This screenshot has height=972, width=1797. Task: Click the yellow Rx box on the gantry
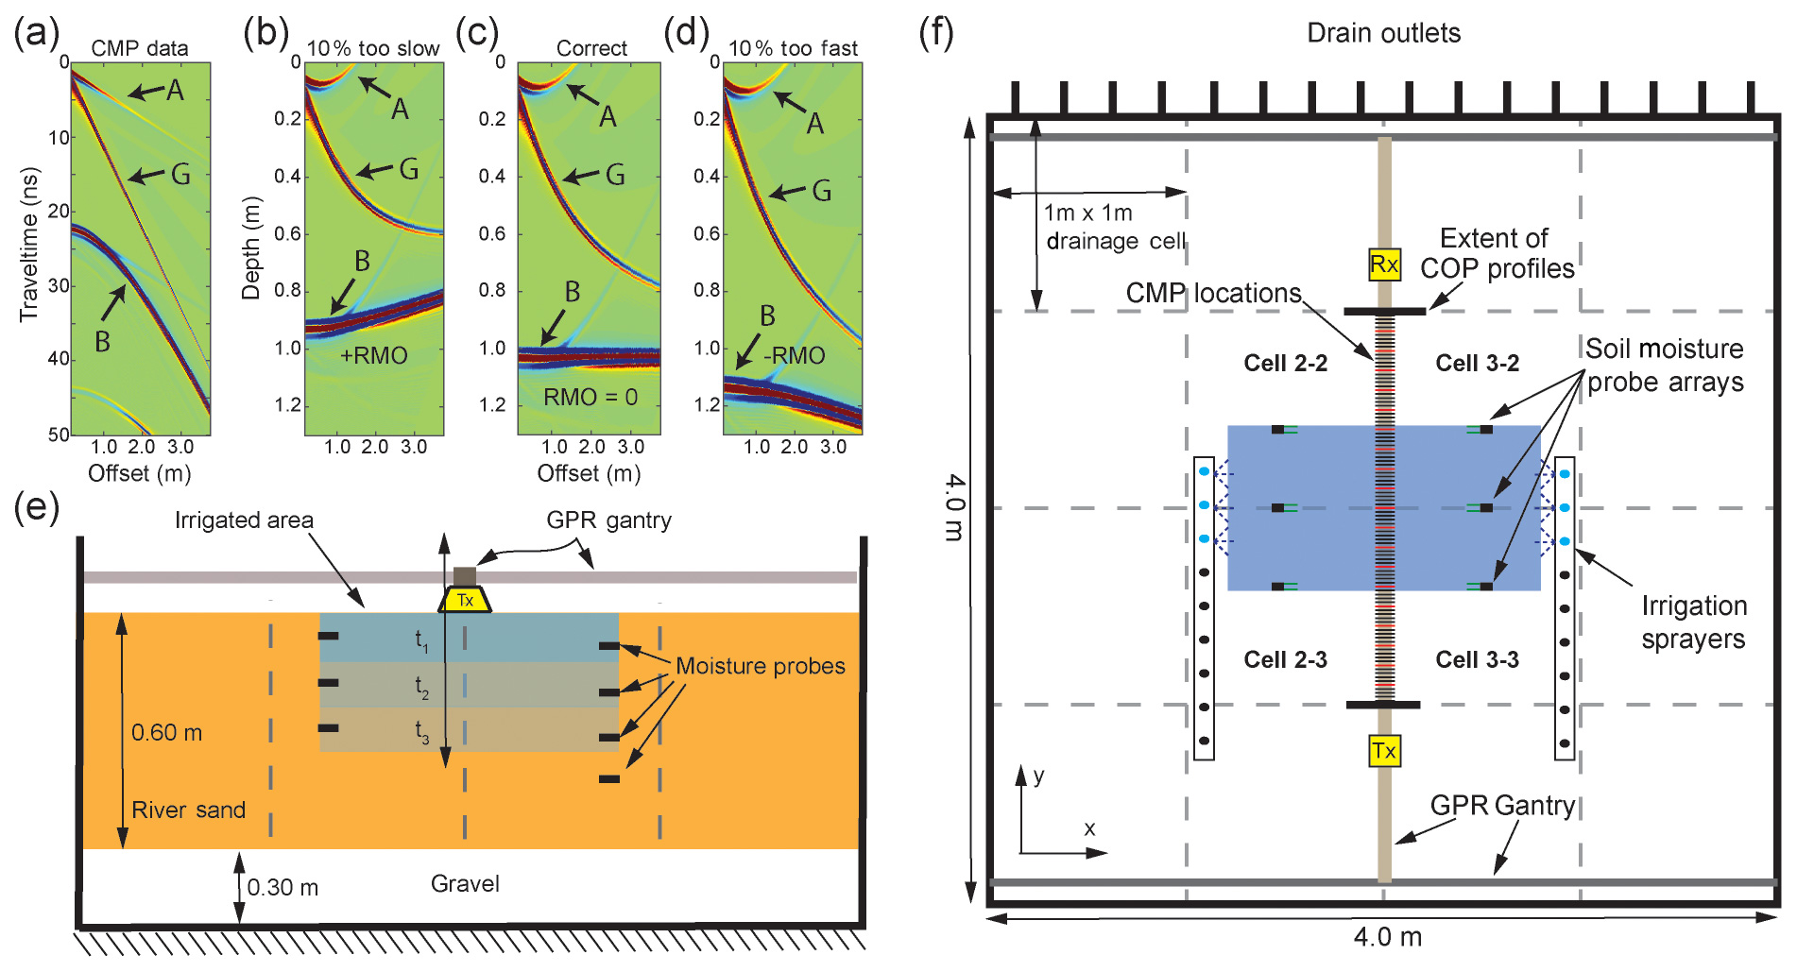(x=1383, y=264)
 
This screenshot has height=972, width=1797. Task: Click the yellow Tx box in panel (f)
(x=1383, y=751)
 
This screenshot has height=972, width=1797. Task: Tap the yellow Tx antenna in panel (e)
(x=465, y=600)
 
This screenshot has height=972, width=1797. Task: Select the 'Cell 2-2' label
(x=1285, y=364)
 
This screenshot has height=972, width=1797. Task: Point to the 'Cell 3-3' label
(x=1477, y=659)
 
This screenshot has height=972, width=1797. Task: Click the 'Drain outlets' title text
(x=1383, y=33)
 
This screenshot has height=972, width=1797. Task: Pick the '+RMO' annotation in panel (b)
(x=373, y=356)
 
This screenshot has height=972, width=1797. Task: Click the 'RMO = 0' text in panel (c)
(x=590, y=398)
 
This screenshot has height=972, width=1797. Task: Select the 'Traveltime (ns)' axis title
(x=29, y=245)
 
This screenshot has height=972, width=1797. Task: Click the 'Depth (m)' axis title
(x=250, y=248)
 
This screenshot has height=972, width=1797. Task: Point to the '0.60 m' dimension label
(x=166, y=733)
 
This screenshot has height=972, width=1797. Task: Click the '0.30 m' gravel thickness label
(x=282, y=888)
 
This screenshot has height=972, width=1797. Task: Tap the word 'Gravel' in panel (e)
(x=465, y=884)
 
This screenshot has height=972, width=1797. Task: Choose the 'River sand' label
(x=188, y=810)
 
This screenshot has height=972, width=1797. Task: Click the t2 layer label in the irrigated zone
(x=421, y=687)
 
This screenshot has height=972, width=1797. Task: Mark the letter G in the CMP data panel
(x=180, y=174)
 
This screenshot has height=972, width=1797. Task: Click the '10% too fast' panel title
(x=793, y=48)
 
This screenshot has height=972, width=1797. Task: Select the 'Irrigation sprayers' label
(x=1693, y=622)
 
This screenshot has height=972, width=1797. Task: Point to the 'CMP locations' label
(x=1213, y=294)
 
